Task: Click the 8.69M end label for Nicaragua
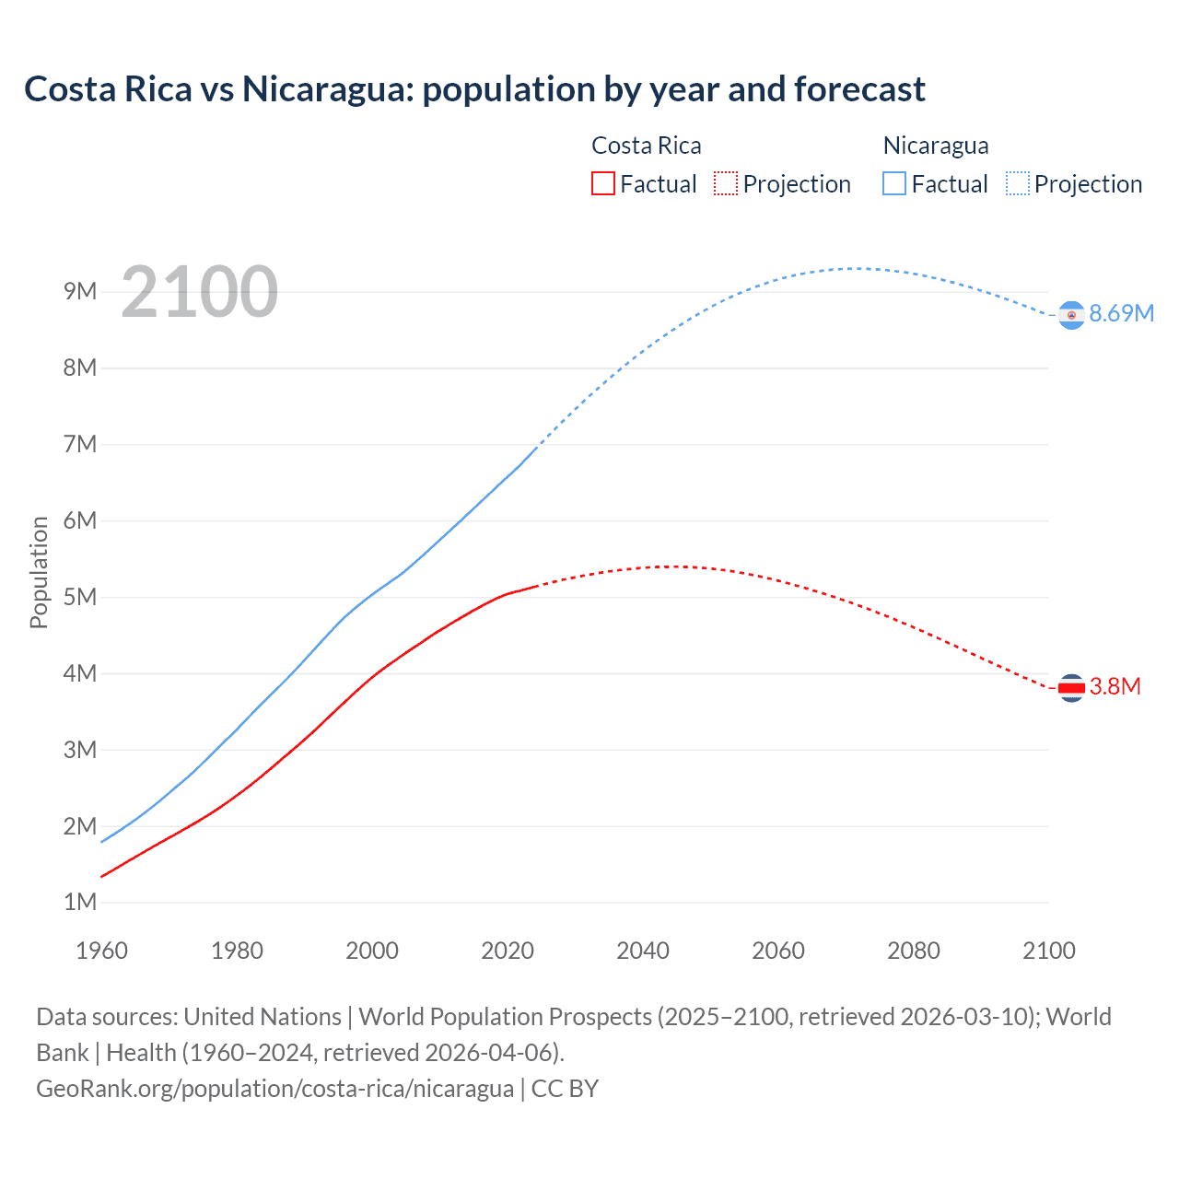pyautogui.click(x=1121, y=314)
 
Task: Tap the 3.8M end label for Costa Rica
pyautogui.click(x=1115, y=687)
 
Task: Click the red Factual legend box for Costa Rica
pyautogui.click(x=602, y=184)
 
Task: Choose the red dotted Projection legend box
pyautogui.click(x=726, y=184)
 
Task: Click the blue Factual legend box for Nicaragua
pyautogui.click(x=894, y=184)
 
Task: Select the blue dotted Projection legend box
pyautogui.click(x=1018, y=184)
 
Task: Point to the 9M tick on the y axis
pyautogui.click(x=80, y=292)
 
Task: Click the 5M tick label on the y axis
pyautogui.click(x=80, y=597)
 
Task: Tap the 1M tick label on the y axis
pyautogui.click(x=80, y=903)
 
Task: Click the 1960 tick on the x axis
pyautogui.click(x=101, y=951)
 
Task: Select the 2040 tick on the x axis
pyautogui.click(x=643, y=951)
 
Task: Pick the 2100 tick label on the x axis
pyautogui.click(x=1048, y=951)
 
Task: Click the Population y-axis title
pyautogui.click(x=39, y=572)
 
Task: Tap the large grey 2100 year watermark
pyautogui.click(x=199, y=292)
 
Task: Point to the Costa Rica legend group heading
pyautogui.click(x=646, y=146)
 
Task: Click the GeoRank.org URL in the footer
pyautogui.click(x=274, y=1089)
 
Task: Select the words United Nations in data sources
pyautogui.click(x=263, y=1017)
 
